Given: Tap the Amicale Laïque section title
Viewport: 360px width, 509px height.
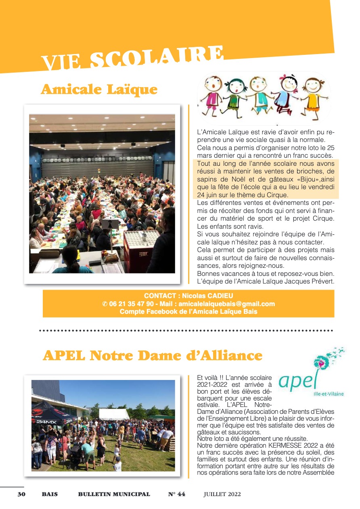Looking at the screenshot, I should click(x=99, y=89).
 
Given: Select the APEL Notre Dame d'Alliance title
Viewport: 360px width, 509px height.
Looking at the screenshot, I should click(x=153, y=355).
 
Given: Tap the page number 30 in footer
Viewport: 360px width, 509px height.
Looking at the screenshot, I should click(x=21, y=494).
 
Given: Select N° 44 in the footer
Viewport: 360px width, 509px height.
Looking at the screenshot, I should click(x=177, y=494).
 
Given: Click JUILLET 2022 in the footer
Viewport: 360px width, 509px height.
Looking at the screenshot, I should click(x=222, y=494).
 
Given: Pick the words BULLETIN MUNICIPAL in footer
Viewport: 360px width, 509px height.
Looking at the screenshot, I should click(x=114, y=494).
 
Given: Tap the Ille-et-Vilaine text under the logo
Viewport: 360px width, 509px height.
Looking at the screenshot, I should click(x=329, y=394).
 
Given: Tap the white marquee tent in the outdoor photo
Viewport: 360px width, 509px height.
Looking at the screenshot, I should click(x=114, y=414).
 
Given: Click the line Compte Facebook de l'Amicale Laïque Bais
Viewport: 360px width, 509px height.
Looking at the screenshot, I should click(x=188, y=312).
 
